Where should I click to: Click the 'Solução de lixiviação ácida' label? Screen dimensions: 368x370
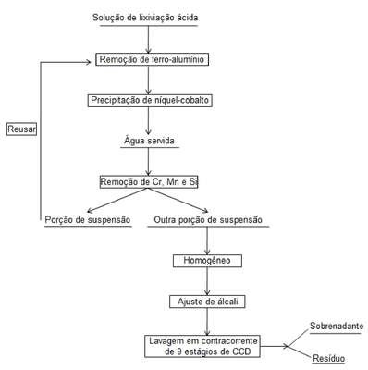[x=145, y=18]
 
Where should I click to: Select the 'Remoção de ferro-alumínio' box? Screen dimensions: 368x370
[x=153, y=59]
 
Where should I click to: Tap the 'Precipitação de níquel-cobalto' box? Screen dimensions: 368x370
[x=150, y=101]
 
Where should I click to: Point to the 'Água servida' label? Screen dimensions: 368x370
[x=150, y=141]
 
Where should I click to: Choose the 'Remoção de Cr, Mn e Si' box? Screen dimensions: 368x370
[x=149, y=182]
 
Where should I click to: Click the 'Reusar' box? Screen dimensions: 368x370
[x=21, y=129]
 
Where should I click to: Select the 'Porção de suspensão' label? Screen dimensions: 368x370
[x=88, y=220]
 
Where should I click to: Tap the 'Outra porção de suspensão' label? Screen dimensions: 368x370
[x=208, y=220]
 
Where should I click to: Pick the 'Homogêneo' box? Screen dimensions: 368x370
[x=207, y=261]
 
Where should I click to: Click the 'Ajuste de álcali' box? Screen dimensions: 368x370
[x=207, y=302]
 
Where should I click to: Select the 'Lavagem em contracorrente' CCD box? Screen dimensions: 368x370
[x=202, y=346]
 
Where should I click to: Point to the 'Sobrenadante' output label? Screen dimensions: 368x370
[x=337, y=326]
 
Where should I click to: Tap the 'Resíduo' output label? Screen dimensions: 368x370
[x=328, y=358]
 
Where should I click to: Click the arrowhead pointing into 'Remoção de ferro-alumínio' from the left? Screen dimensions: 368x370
[x=89, y=62]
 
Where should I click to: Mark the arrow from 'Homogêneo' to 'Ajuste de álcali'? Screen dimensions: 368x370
[x=207, y=281]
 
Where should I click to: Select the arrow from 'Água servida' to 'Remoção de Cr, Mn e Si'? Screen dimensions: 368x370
[x=149, y=162]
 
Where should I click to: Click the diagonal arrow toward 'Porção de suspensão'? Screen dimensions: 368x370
[x=117, y=200]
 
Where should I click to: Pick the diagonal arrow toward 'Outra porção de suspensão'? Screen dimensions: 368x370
[x=178, y=200]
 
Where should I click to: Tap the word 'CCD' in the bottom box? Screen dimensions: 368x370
[x=241, y=351]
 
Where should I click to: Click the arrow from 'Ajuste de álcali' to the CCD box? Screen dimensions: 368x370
[x=207, y=322]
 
